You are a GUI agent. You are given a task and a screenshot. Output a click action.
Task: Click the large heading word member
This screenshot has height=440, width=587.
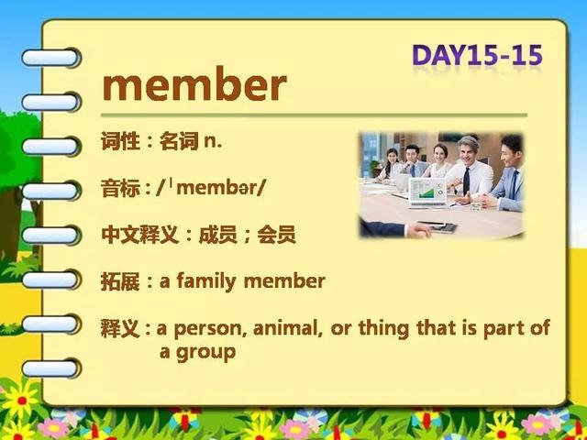194,85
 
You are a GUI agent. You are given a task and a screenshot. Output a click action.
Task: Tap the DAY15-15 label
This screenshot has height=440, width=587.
477,56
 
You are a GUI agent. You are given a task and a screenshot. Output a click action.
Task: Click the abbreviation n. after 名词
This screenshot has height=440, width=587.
213,143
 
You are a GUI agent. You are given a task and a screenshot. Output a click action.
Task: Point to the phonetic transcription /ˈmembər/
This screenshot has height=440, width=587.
211,188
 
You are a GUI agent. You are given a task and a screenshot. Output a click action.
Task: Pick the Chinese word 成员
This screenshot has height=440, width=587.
218,235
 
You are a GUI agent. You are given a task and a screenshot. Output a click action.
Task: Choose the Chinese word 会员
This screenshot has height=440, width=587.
277,235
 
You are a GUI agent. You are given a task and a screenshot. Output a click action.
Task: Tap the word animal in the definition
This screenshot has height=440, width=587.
288,328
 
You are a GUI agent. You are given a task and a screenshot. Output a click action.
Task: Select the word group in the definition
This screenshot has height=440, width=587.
205,353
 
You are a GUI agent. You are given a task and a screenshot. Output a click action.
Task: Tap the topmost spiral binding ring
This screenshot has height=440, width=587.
50,58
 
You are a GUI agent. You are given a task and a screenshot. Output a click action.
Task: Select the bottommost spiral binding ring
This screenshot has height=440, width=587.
50,368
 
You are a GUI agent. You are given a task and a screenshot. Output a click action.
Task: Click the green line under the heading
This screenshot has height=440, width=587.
314,115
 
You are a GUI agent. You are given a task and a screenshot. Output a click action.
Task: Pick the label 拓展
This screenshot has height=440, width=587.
120,281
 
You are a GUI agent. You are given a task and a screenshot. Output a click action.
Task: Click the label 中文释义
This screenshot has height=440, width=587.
139,235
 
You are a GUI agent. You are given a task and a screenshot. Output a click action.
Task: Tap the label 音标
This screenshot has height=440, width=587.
120,188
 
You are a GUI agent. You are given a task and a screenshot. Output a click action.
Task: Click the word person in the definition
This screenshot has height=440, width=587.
210,329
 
